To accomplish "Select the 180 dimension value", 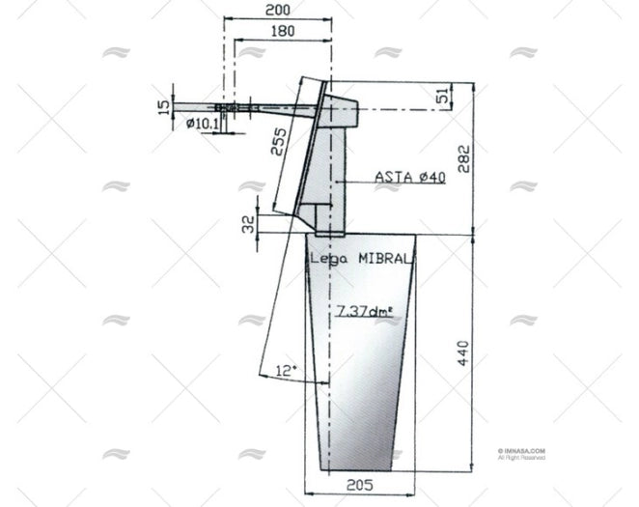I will [x=283, y=31].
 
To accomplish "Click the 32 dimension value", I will [x=248, y=224].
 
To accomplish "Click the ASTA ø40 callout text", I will [x=408, y=177].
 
